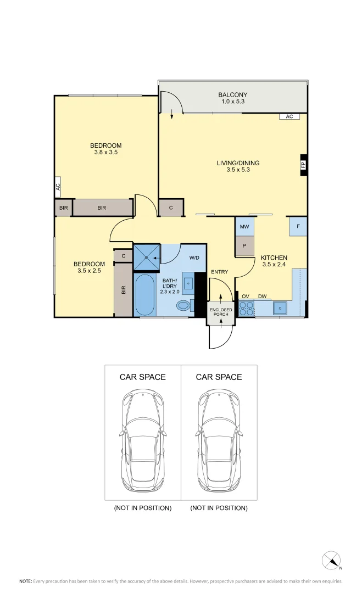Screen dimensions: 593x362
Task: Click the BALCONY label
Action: [x=232, y=95]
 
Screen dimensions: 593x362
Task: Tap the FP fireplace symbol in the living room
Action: [x=303, y=165]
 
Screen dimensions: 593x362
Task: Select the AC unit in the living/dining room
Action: [x=289, y=116]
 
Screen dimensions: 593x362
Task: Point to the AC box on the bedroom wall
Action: [x=58, y=187]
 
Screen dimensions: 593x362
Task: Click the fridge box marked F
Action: [x=298, y=226]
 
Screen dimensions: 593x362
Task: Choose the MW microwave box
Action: [x=244, y=226]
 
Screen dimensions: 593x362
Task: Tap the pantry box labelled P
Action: [x=244, y=246]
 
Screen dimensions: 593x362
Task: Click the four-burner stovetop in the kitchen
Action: [x=246, y=309]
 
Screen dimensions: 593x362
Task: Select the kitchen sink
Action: [x=280, y=309]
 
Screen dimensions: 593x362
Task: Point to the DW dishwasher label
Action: [x=263, y=296]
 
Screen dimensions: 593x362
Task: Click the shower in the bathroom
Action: [x=147, y=256]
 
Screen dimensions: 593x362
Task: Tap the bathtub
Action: [x=145, y=294]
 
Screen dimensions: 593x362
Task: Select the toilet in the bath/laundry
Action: [x=183, y=306]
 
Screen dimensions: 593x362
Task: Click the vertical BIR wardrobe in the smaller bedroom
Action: [x=124, y=289]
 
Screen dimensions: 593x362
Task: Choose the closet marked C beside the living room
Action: [x=171, y=208]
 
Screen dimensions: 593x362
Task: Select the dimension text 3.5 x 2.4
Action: [x=274, y=265]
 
